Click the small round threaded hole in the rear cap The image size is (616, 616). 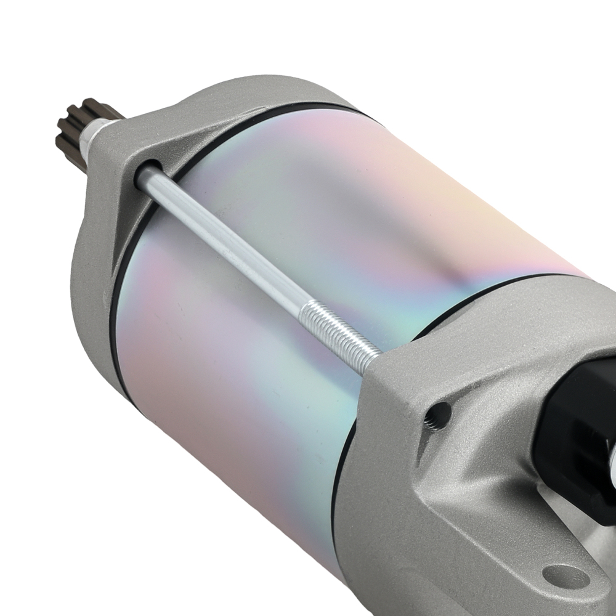click(x=437, y=411)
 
